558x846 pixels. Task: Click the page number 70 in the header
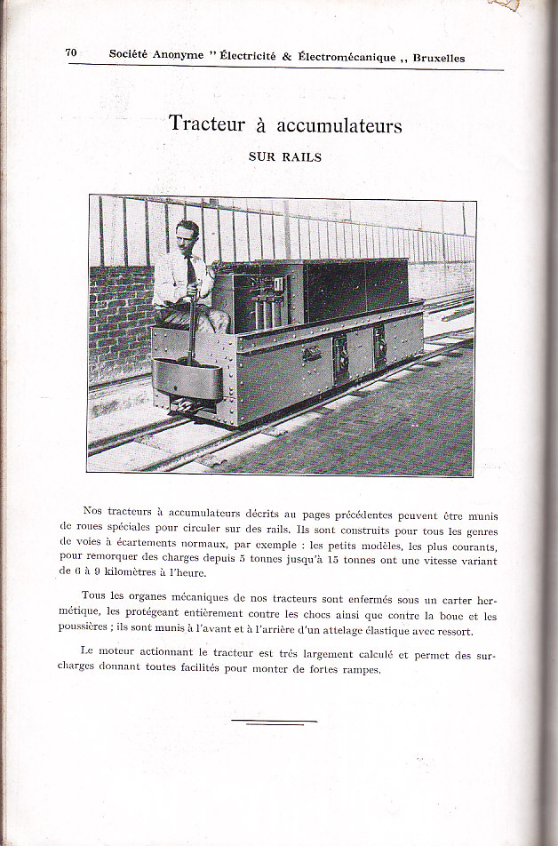pyautogui.click(x=71, y=53)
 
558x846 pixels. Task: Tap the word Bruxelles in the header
pyautogui.click(x=435, y=58)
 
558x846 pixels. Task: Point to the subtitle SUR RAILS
pyautogui.click(x=285, y=157)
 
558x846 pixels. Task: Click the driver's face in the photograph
pyautogui.click(x=187, y=238)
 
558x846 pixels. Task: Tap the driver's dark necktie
pyautogui.click(x=191, y=272)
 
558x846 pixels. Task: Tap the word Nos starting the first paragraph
pyautogui.click(x=92, y=511)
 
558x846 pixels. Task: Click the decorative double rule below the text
pyautogui.click(x=274, y=722)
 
